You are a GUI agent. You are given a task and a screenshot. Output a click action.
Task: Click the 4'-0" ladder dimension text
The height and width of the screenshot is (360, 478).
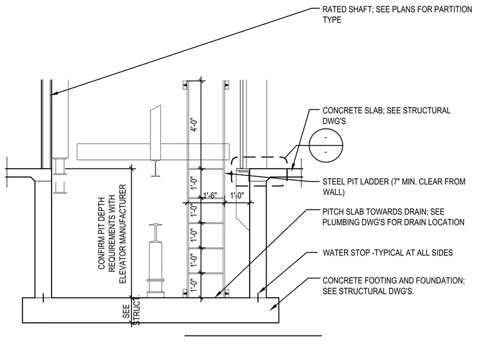(x=194, y=125)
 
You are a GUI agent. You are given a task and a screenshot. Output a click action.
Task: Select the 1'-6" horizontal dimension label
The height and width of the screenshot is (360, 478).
(x=211, y=195)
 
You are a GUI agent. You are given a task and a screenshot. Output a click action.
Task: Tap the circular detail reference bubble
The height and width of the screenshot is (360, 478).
(x=326, y=145)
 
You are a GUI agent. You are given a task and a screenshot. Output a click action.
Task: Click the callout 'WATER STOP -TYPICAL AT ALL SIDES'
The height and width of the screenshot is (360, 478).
(x=388, y=252)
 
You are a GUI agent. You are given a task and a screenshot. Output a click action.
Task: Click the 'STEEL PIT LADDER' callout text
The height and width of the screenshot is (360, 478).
(x=356, y=181)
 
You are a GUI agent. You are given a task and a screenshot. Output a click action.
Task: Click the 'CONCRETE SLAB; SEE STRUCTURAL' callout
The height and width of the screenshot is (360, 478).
(x=387, y=110)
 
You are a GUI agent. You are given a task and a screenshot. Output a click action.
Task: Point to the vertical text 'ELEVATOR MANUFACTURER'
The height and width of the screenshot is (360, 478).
(x=123, y=234)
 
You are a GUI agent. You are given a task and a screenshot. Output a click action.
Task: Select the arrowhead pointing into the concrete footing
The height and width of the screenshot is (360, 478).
(x=272, y=308)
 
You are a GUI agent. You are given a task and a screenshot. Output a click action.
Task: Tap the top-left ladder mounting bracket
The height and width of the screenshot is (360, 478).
(x=185, y=85)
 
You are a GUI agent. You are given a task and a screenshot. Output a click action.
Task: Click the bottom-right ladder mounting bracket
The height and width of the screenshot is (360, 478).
(x=226, y=293)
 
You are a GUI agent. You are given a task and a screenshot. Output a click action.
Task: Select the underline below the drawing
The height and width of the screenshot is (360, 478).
(x=253, y=335)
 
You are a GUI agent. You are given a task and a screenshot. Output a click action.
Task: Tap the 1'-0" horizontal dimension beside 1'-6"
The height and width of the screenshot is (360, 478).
(x=237, y=195)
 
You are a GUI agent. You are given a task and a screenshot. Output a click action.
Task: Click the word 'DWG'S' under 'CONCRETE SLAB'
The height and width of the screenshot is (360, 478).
(x=334, y=121)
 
